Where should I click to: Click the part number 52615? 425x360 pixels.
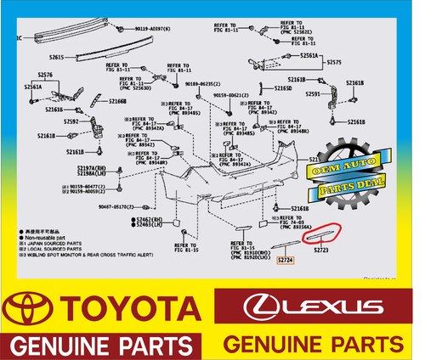coord(56,58)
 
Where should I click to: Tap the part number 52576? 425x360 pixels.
coord(46,75)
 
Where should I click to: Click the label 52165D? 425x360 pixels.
coord(282,88)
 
